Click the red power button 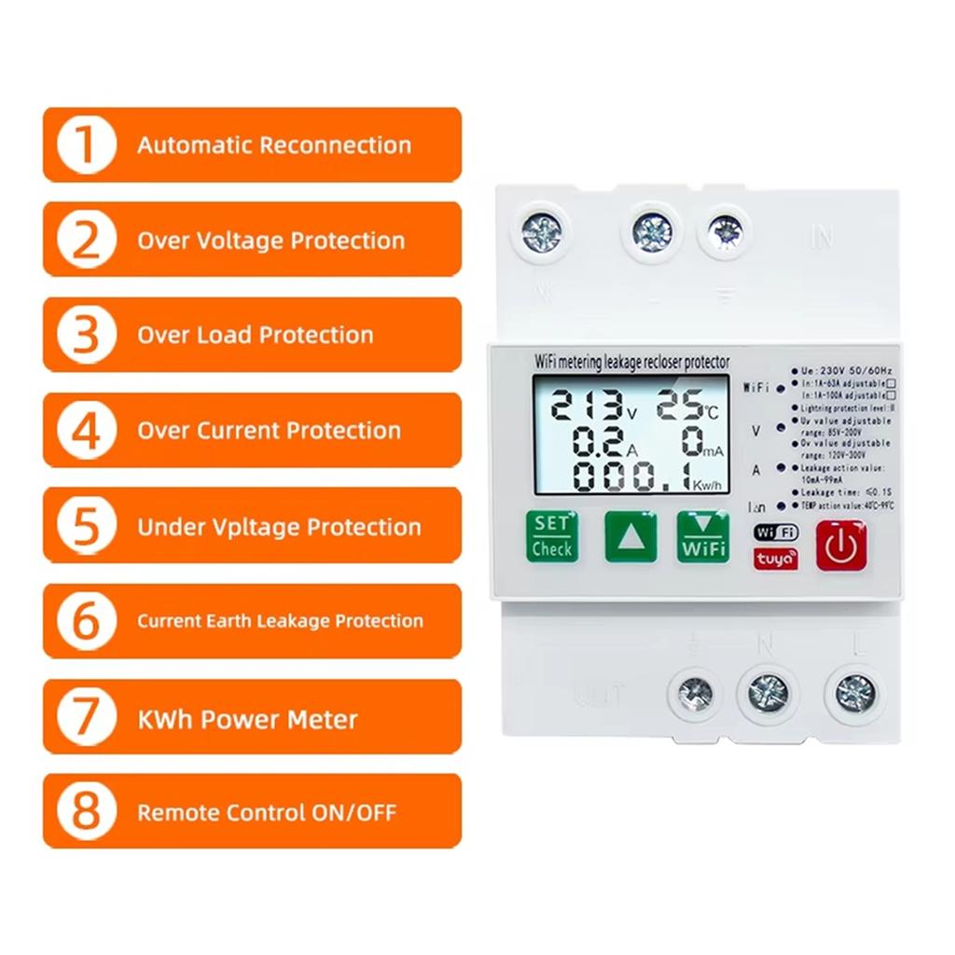coord(841,546)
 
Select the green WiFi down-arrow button coord(702,537)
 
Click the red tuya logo coord(776,559)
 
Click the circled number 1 coord(86,145)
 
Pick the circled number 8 coord(86,811)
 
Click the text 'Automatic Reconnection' coord(274,145)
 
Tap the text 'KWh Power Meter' coord(247,719)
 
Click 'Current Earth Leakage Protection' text coord(280,621)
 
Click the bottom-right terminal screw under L coord(854,693)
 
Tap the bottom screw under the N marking coord(768,693)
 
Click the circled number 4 coord(86,431)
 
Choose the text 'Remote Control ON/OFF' coord(267,812)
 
